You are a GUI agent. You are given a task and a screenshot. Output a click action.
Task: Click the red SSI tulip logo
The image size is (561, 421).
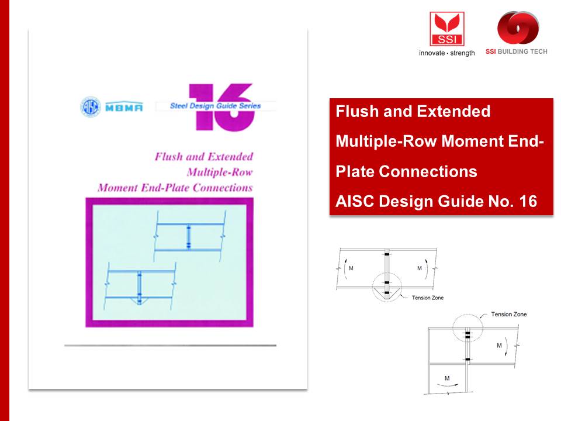pyautogui.click(x=446, y=29)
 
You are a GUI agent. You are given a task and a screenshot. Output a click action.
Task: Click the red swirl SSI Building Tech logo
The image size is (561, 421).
pyautogui.click(x=517, y=29)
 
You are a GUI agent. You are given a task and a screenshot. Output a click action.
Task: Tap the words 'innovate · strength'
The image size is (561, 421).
pyautogui.click(x=446, y=53)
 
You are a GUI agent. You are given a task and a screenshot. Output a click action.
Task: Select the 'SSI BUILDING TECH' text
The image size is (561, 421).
pyautogui.click(x=516, y=51)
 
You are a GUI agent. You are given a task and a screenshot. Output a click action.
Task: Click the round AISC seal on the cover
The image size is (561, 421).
pyautogui.click(x=90, y=106)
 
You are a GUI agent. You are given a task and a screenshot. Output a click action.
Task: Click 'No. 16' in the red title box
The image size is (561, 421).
pyautogui.click(x=514, y=202)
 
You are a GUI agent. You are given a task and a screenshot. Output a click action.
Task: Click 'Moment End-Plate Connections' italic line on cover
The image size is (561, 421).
pyautogui.click(x=175, y=188)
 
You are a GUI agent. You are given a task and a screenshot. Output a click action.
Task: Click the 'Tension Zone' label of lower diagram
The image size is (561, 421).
pyautogui.click(x=509, y=315)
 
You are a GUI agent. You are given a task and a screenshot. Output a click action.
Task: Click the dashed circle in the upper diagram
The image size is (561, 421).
pyautogui.click(x=386, y=287)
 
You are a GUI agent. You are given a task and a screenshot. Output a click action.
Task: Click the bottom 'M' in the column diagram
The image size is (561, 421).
pyautogui.click(x=447, y=378)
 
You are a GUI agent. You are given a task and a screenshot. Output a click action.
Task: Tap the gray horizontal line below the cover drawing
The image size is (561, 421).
pyautogui.click(x=169, y=346)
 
